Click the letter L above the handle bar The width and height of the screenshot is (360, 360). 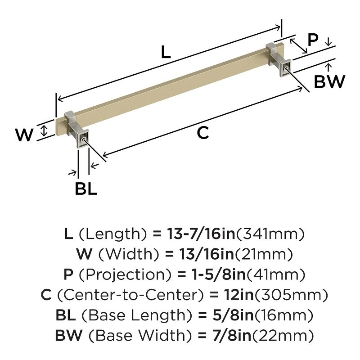pyautogui.click(x=166, y=52)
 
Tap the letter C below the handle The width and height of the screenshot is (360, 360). pyautogui.click(x=203, y=132)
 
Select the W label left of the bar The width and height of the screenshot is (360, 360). pyautogui.click(x=24, y=135)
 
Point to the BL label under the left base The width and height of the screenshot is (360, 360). pyautogui.click(x=86, y=189)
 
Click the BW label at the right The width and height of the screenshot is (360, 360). pyautogui.click(x=329, y=81)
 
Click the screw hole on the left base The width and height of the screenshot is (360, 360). pyautogui.click(x=83, y=139)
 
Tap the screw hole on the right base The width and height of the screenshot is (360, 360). pyautogui.click(x=285, y=68)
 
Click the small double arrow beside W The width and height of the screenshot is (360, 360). pyautogui.click(x=44, y=130)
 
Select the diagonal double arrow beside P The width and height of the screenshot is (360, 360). pyautogui.click(x=298, y=46)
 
